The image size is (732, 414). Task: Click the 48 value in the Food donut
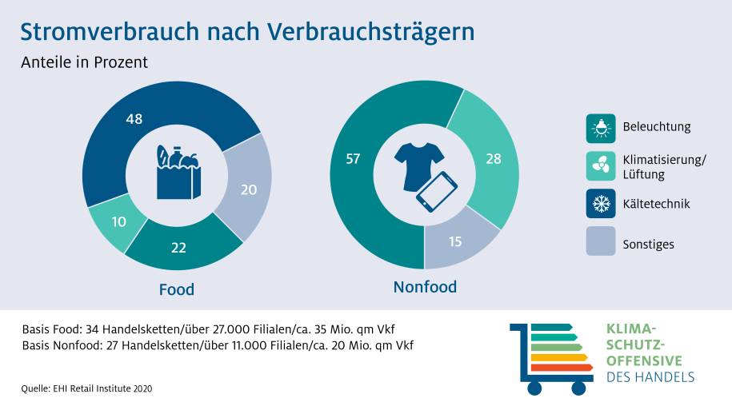point(134,119)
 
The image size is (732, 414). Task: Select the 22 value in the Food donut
point(179,249)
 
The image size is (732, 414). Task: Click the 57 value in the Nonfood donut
point(354,159)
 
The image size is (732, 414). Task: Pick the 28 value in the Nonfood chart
point(493,159)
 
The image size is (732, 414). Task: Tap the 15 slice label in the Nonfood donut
point(455,241)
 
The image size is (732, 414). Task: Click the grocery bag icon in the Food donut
point(178,171)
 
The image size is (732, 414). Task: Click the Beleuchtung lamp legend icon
point(600,127)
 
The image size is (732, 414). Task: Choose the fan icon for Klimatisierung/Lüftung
point(600,165)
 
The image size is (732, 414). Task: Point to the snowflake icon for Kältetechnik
point(600,204)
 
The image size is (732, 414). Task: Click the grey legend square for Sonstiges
point(600,242)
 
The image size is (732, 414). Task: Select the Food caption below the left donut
point(177,289)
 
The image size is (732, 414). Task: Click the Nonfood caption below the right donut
point(425,286)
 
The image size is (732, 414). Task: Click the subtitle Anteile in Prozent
point(85,62)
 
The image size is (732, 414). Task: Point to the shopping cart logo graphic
point(552,357)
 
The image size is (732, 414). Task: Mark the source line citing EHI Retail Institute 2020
point(86,388)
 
